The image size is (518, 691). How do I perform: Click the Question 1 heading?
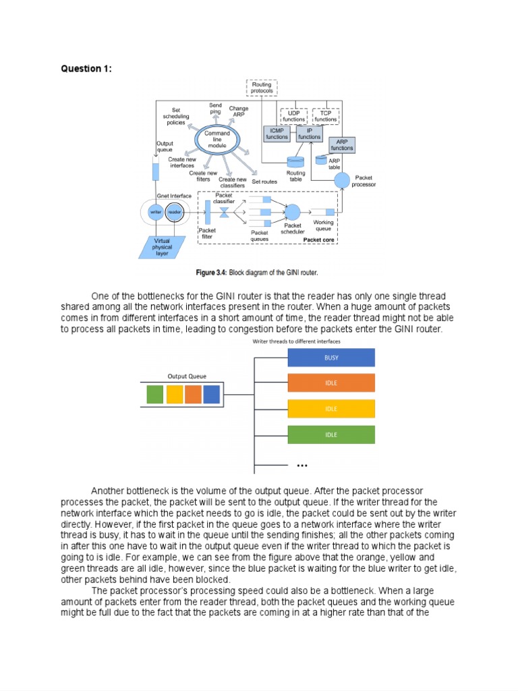[86, 69]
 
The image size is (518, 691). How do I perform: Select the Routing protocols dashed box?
[262, 88]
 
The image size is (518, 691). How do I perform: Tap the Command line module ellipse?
[217, 139]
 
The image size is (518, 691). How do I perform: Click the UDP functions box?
[294, 116]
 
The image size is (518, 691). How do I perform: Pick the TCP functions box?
[326, 116]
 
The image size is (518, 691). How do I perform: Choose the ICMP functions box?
[277, 134]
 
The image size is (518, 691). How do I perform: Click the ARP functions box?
[342, 145]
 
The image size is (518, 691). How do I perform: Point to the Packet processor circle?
[342, 180]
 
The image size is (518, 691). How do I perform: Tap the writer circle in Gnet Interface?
[156, 212]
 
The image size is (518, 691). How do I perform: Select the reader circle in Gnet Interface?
[175, 212]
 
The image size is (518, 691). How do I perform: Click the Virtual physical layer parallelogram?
[162, 247]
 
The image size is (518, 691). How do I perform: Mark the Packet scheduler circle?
[293, 213]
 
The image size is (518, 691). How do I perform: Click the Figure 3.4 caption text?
[257, 273]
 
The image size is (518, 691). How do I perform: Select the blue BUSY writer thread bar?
[331, 358]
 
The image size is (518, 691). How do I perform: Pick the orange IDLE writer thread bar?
[331, 383]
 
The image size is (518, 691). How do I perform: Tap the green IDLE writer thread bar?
[331, 435]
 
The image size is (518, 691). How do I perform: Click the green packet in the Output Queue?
[155, 394]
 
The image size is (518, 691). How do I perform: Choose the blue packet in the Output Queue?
[212, 394]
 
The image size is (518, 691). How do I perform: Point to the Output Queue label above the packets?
[187, 377]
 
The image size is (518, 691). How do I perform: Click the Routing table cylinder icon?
[295, 162]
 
